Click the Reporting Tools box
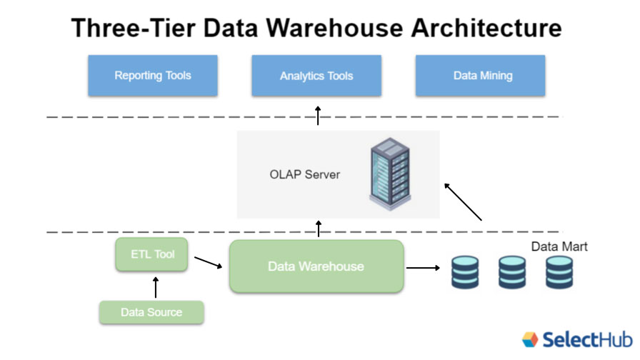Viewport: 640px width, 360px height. pyautogui.click(x=153, y=76)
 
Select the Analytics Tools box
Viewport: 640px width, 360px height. pyautogui.click(x=316, y=76)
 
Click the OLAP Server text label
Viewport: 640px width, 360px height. pyautogui.click(x=305, y=174)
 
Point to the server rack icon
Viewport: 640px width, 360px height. pyautogui.click(x=390, y=174)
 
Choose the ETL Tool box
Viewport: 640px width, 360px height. pyautogui.click(x=152, y=254)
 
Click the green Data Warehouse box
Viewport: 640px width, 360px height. pyautogui.click(x=316, y=266)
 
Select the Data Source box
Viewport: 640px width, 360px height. pyautogui.click(x=151, y=312)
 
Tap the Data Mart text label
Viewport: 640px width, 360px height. pyautogui.click(x=559, y=246)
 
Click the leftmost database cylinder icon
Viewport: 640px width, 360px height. pyautogui.click(x=466, y=272)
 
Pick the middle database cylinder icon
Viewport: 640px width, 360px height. pyautogui.click(x=512, y=272)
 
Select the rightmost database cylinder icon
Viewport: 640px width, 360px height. pyautogui.click(x=559, y=272)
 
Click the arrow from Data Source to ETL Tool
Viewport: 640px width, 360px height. pyautogui.click(x=156, y=286)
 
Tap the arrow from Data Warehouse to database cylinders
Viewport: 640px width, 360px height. pyautogui.click(x=423, y=268)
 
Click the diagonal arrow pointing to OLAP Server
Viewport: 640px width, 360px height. pyautogui.click(x=463, y=201)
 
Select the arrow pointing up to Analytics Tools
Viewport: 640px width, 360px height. pyautogui.click(x=319, y=115)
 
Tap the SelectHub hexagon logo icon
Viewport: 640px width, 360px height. pyautogui.click(x=530, y=339)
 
